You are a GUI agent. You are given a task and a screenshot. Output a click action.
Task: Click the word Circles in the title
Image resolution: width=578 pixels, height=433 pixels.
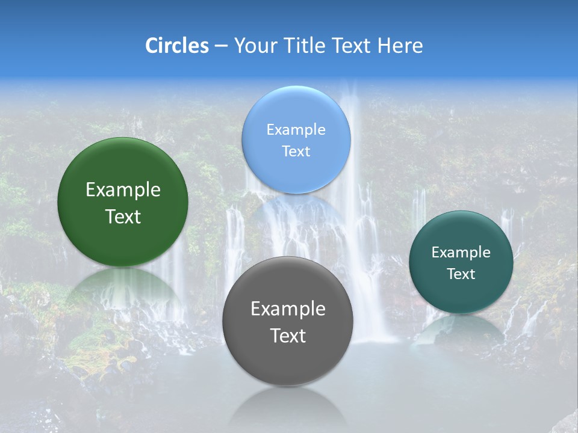click(176, 46)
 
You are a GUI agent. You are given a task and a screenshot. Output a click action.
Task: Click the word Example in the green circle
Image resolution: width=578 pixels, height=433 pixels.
click(123, 190)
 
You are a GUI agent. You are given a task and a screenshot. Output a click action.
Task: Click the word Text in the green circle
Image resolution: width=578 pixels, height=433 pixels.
click(123, 216)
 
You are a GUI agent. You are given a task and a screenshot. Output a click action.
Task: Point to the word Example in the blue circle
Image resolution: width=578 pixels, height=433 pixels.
click(296, 130)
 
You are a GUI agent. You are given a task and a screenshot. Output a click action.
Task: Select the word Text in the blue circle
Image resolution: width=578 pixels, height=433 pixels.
click(296, 151)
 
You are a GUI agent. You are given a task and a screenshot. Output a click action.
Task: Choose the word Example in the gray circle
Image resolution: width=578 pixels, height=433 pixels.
click(288, 309)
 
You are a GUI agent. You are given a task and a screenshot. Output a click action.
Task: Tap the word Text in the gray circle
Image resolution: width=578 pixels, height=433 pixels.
click(288, 336)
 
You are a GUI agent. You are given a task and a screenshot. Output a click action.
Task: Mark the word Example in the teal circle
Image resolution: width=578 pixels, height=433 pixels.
click(461, 253)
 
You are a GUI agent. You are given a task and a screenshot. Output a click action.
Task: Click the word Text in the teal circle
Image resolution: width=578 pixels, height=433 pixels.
click(461, 274)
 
